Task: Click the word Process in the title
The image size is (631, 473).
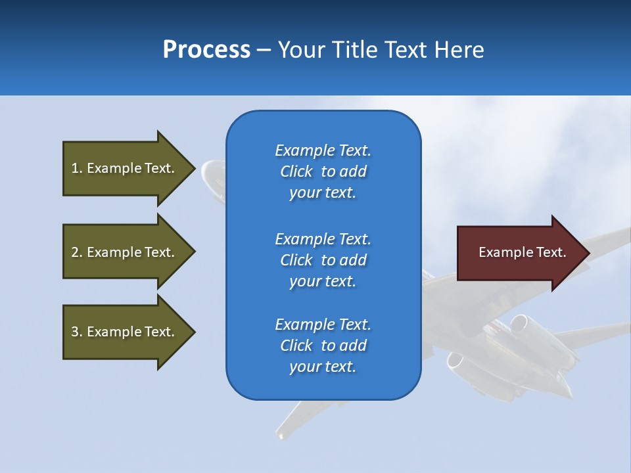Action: (206, 50)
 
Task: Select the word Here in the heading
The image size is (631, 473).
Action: (459, 49)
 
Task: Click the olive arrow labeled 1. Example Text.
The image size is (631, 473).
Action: (129, 168)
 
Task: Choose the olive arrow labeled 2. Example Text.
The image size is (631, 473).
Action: (129, 252)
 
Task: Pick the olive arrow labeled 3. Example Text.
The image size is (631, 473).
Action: (129, 332)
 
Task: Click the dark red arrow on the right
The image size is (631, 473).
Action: (523, 253)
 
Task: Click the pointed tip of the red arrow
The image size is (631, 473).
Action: (590, 253)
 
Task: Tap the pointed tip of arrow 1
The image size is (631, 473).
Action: (195, 168)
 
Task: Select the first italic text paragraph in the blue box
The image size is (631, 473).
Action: (323, 171)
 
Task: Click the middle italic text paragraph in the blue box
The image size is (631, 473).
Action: (323, 260)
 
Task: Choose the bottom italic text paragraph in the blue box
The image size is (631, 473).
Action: (323, 346)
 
